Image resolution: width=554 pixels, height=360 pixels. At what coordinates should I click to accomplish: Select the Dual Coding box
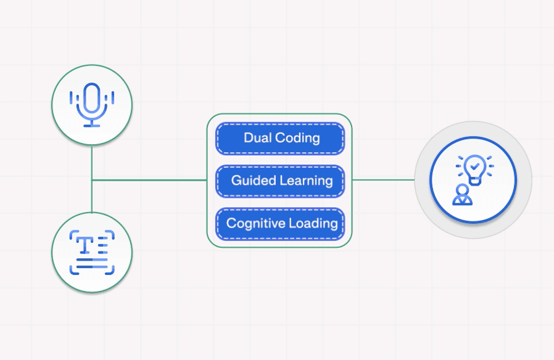click(x=279, y=138)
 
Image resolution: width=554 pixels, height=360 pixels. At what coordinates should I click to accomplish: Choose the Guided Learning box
click(x=279, y=181)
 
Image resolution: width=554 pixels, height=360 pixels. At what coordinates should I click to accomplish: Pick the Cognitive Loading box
click(x=279, y=223)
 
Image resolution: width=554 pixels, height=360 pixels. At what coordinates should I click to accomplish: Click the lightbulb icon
click(x=473, y=168)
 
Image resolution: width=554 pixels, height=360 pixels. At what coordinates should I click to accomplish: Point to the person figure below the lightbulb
click(x=461, y=195)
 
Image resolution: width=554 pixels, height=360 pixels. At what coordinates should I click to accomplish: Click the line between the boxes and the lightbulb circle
click(x=383, y=180)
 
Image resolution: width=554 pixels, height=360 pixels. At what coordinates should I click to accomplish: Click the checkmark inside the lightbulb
click(x=473, y=165)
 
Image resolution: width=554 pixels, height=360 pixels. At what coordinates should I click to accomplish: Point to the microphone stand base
click(x=92, y=125)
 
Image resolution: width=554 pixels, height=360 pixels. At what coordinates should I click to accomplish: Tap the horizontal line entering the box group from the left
click(x=148, y=180)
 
